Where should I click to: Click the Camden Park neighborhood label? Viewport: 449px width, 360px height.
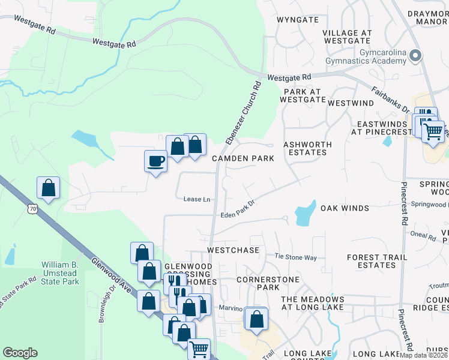243,158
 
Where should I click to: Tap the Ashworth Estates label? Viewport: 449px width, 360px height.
306,148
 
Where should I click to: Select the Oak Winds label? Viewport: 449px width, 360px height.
345,208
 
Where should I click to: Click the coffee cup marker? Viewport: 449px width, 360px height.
156,161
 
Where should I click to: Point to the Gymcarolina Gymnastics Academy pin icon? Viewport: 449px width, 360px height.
415,57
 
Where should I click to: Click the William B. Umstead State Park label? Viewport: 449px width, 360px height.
60,273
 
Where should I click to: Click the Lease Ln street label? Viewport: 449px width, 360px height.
197,199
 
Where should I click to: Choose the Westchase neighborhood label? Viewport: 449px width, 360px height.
233,250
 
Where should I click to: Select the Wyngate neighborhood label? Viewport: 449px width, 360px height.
297,20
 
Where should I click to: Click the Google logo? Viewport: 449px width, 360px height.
20,353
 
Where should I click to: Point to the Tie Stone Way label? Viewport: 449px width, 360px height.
295,257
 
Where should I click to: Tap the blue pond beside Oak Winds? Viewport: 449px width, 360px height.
305,213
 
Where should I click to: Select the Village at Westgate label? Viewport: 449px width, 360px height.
347,37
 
